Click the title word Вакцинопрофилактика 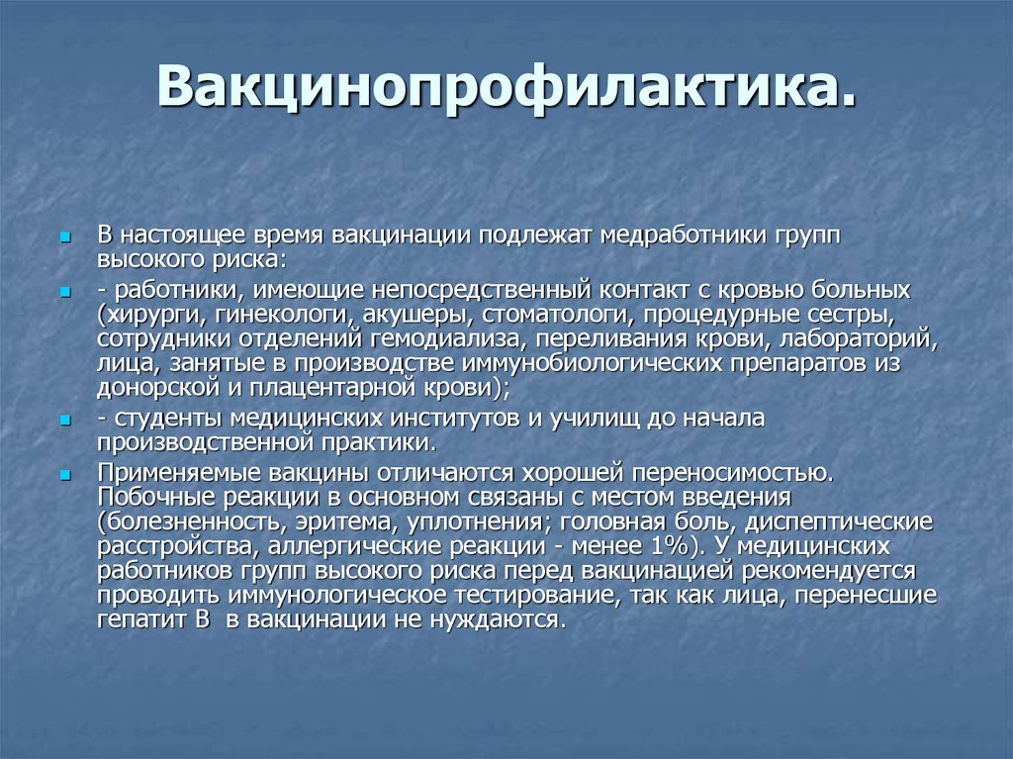(x=506, y=87)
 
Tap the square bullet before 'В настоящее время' (x=64, y=237)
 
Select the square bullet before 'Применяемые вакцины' (x=64, y=476)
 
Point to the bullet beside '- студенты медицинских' (x=64, y=421)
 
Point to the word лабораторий (x=858, y=339)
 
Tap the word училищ (x=595, y=419)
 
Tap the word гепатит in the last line (x=146, y=619)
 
